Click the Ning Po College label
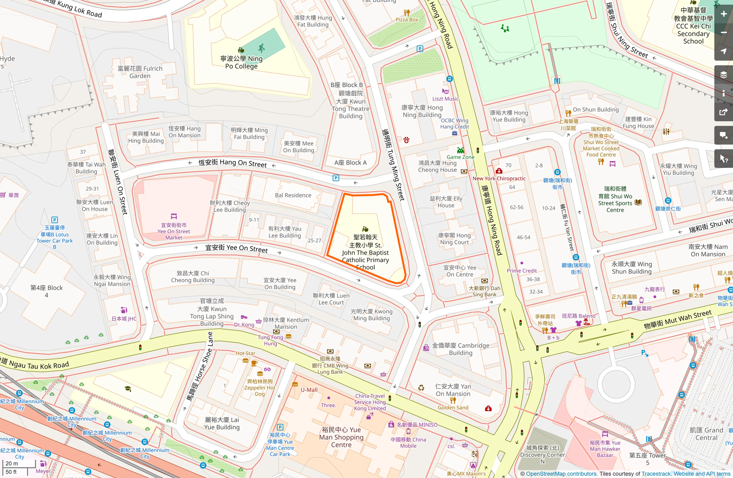click(241, 62)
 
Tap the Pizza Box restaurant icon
click(407, 13)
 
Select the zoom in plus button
click(724, 14)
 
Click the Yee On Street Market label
click(174, 231)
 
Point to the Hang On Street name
click(233, 163)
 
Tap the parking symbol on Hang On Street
click(336, 178)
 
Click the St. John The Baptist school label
click(365, 252)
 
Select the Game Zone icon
click(460, 150)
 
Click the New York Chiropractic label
click(499, 178)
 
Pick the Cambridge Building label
click(461, 349)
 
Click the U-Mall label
click(309, 390)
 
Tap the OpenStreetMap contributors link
click(561, 474)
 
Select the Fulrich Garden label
click(140, 72)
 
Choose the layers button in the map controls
click(724, 75)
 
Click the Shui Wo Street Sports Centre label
click(615, 199)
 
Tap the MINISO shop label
click(417, 425)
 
